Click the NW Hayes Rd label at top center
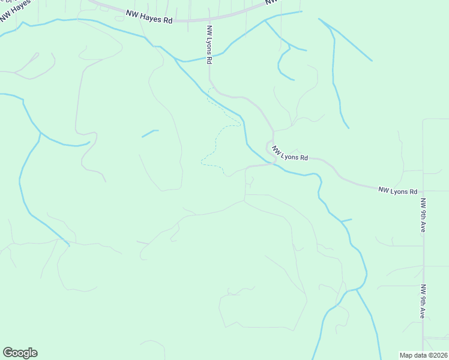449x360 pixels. pos(149,16)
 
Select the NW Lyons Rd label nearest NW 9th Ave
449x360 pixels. pos(397,191)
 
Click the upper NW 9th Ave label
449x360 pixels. pos(423,215)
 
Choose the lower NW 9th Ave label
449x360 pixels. pos(423,301)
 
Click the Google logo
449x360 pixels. pos(20,353)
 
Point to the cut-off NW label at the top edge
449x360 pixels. pos(272,2)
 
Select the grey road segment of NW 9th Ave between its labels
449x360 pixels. pos(423,258)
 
